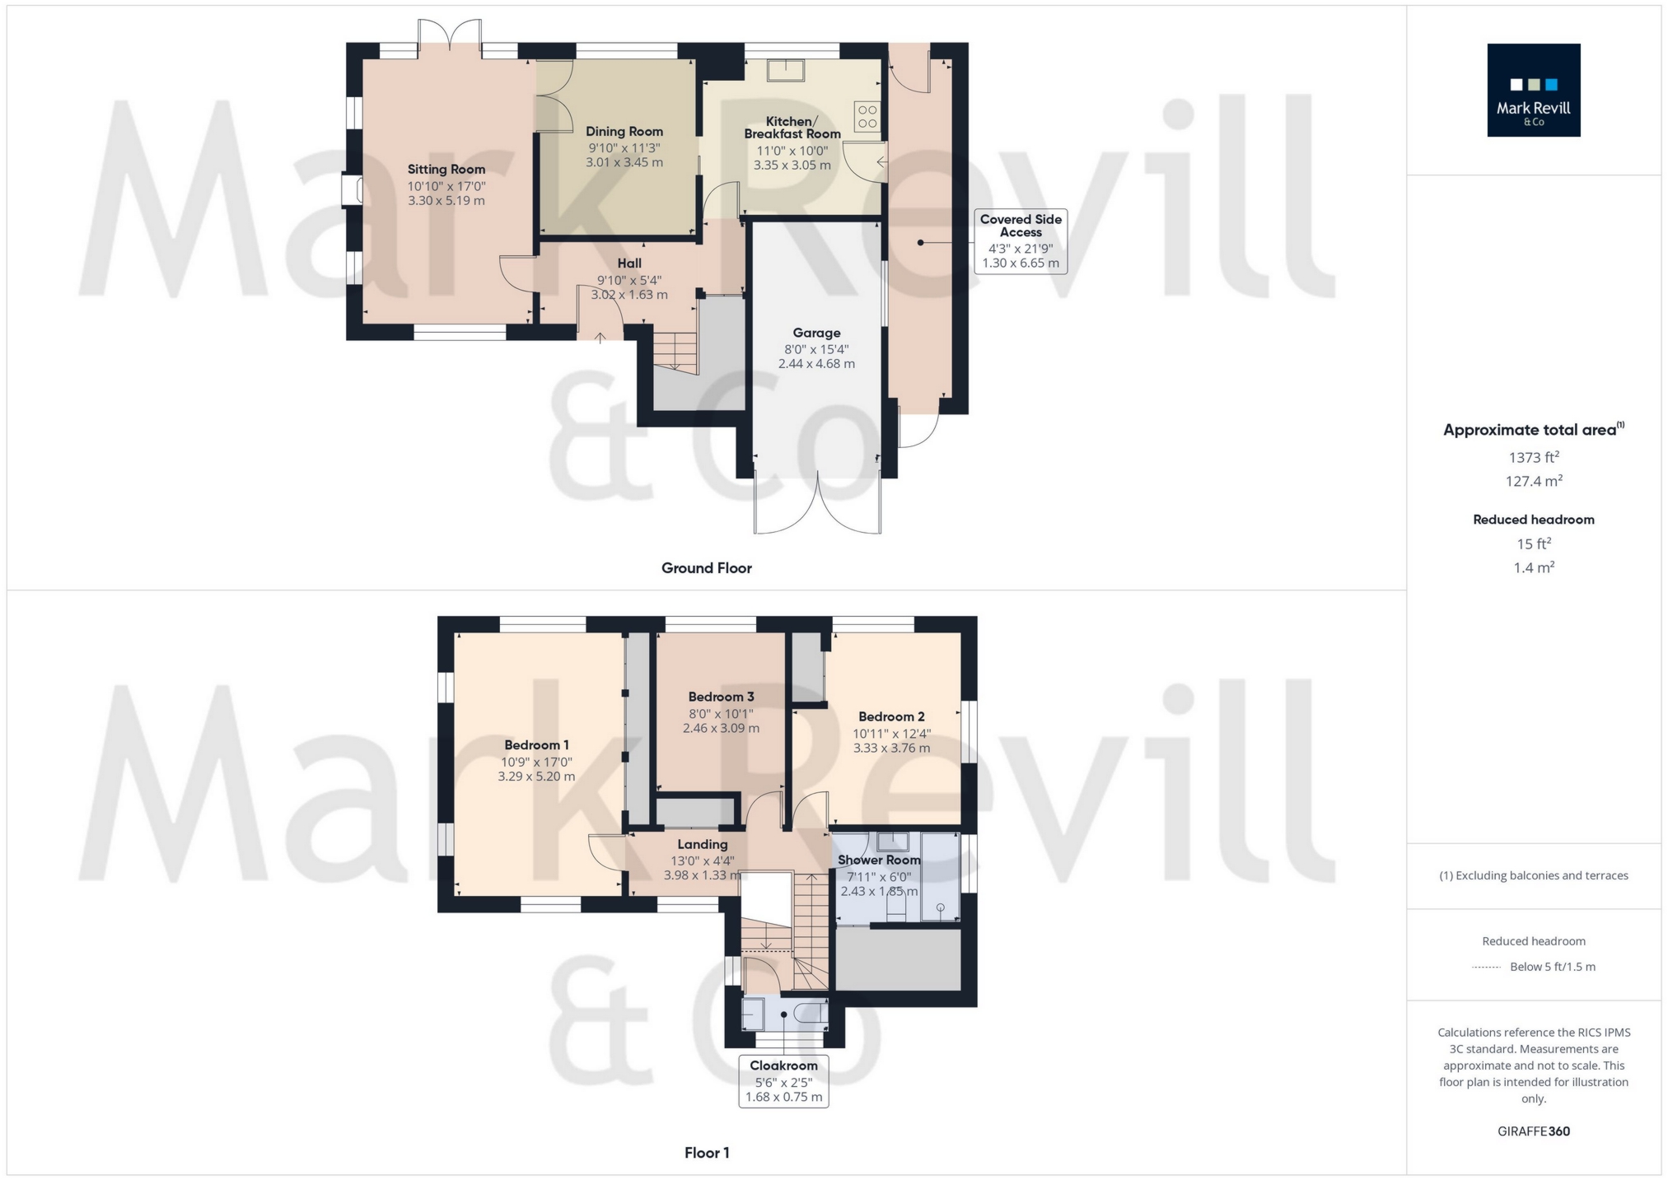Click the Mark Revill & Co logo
click(x=1533, y=90)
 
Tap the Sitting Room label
click(x=446, y=170)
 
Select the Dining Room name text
click(x=624, y=132)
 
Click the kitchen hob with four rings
click(x=867, y=116)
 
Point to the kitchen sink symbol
click(x=786, y=70)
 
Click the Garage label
click(x=816, y=333)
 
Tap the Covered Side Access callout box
click(x=1021, y=241)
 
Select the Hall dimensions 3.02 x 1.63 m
click(x=629, y=295)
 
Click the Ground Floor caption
click(x=707, y=568)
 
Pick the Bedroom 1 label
click(x=537, y=745)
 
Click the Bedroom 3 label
click(x=722, y=697)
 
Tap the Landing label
click(x=703, y=844)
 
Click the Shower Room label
click(x=879, y=860)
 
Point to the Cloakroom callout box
click(x=783, y=1081)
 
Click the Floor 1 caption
click(x=707, y=1153)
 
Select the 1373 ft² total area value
click(x=1534, y=457)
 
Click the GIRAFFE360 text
click(x=1534, y=1131)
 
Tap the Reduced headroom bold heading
click(x=1534, y=520)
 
